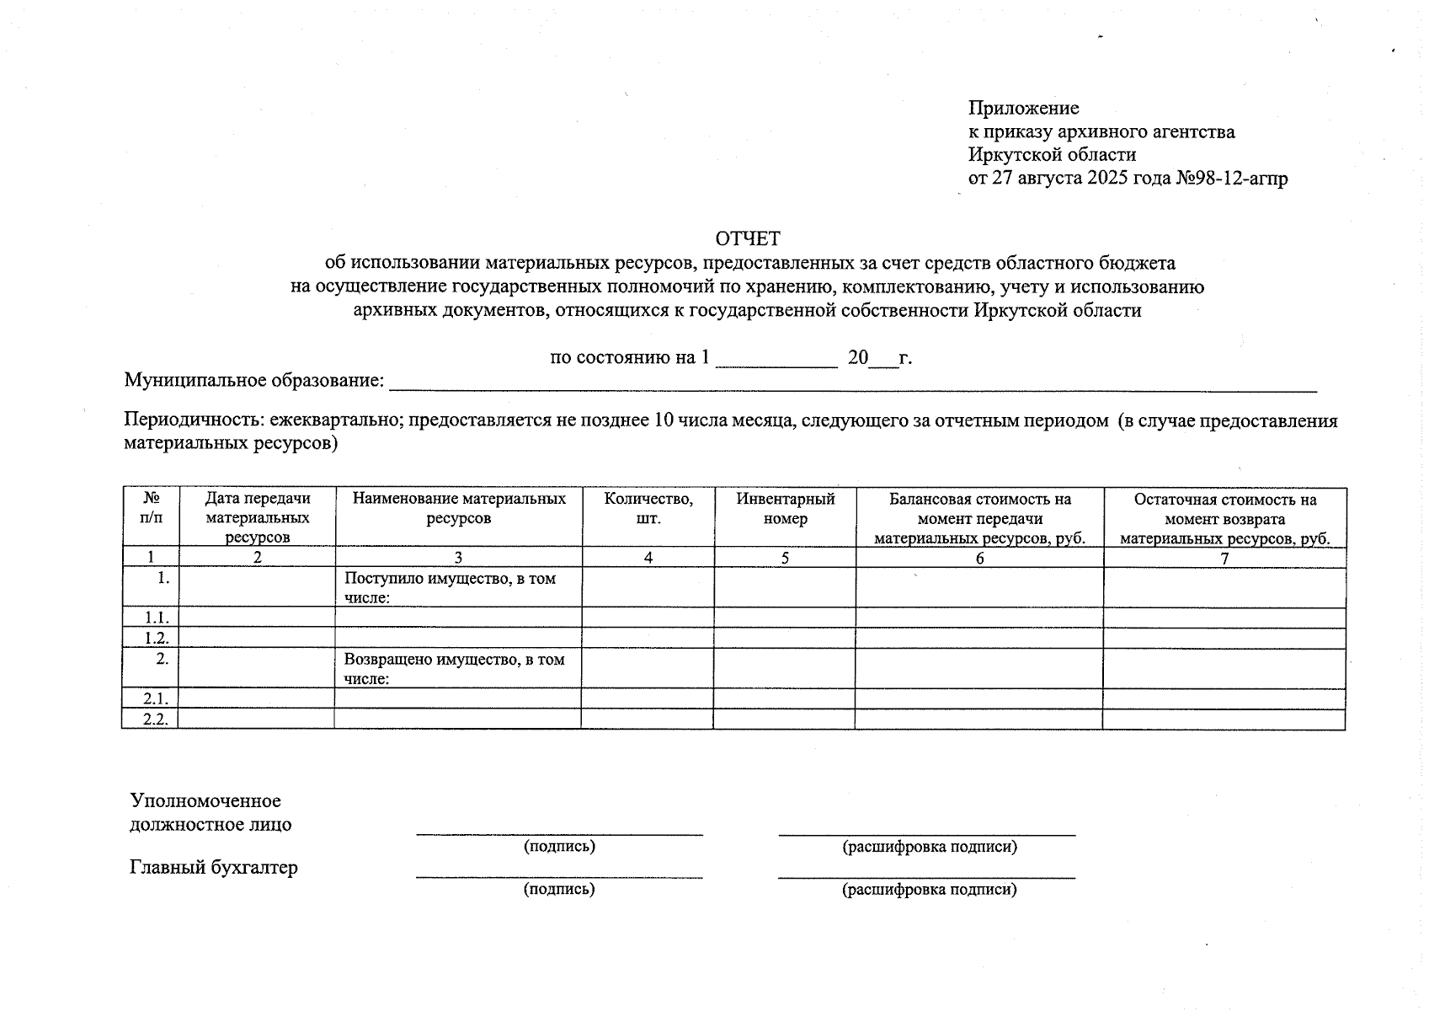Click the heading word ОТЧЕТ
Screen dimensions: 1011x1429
coord(747,238)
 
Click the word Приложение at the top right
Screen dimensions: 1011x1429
coord(1023,108)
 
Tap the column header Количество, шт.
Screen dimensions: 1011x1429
coord(648,509)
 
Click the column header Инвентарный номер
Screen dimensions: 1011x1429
coord(785,509)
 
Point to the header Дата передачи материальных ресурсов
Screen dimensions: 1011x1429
coord(258,517)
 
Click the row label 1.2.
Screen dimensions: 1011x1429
coord(156,639)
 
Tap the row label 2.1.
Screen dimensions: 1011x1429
coord(156,698)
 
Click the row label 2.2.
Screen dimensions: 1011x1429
coord(156,719)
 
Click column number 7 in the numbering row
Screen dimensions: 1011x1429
coord(1224,558)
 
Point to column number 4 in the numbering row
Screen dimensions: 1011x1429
coord(648,558)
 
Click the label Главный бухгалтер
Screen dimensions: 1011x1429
coord(214,867)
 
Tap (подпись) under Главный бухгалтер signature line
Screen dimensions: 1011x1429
coord(559,889)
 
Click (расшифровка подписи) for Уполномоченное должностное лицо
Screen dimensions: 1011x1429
coord(930,847)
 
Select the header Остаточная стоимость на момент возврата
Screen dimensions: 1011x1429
coord(1224,509)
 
